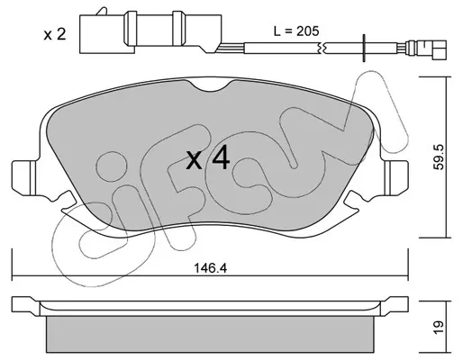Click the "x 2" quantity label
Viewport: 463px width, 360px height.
pyautogui.click(x=55, y=34)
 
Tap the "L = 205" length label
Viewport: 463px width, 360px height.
pyautogui.click(x=296, y=31)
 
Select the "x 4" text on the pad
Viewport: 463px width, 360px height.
pyautogui.click(x=208, y=159)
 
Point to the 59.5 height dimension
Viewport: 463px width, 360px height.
pyautogui.click(x=440, y=157)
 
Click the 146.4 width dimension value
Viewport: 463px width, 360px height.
pyautogui.click(x=211, y=268)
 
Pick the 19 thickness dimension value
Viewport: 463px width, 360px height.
pyautogui.click(x=439, y=327)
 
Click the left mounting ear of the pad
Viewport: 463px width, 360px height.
pyautogui.click(x=25, y=177)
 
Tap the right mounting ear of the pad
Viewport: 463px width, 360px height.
pyautogui.click(x=395, y=177)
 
